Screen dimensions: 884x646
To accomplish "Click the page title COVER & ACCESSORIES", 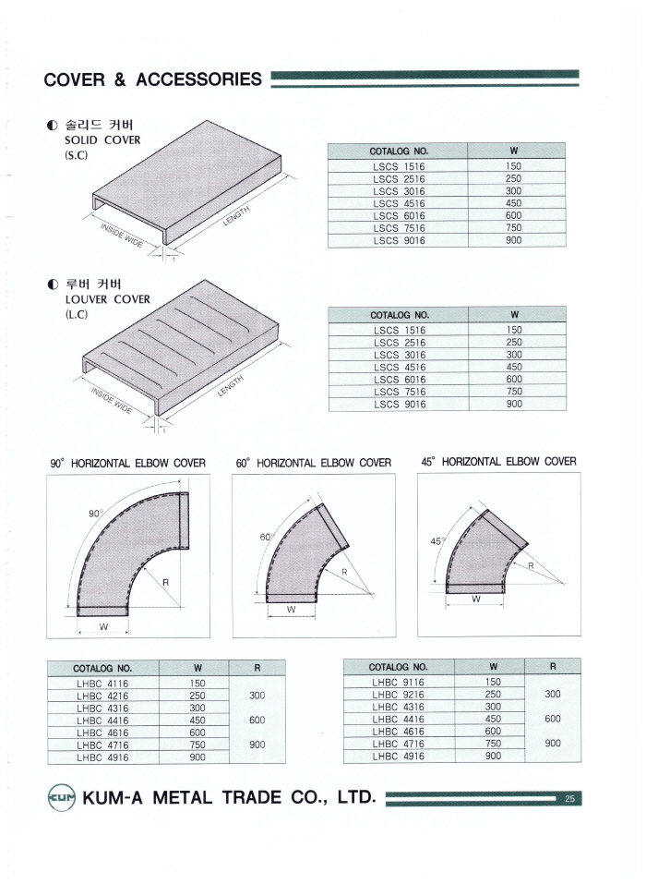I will coord(152,79).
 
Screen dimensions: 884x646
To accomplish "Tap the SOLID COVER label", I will coord(102,140).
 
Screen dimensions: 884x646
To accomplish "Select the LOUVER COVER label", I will coord(107,299).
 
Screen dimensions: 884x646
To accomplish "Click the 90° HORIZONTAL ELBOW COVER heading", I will coord(127,463).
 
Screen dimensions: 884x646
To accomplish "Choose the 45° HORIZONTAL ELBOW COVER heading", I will coord(498,462).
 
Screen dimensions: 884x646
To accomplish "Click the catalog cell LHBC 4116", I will coord(102,684).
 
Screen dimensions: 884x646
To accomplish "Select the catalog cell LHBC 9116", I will coord(398,682).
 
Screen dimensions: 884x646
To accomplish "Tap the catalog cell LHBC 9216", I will coord(398,694).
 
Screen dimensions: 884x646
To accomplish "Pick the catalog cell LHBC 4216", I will coord(102,696).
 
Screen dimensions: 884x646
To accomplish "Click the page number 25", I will coord(569,799).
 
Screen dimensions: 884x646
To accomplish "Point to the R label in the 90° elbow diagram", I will coord(165,582).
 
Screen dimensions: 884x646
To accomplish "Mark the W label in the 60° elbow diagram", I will coord(290,610).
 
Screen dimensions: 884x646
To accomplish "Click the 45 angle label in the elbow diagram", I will coord(436,542).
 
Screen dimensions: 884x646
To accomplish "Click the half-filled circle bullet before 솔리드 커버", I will coord(52,125).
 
